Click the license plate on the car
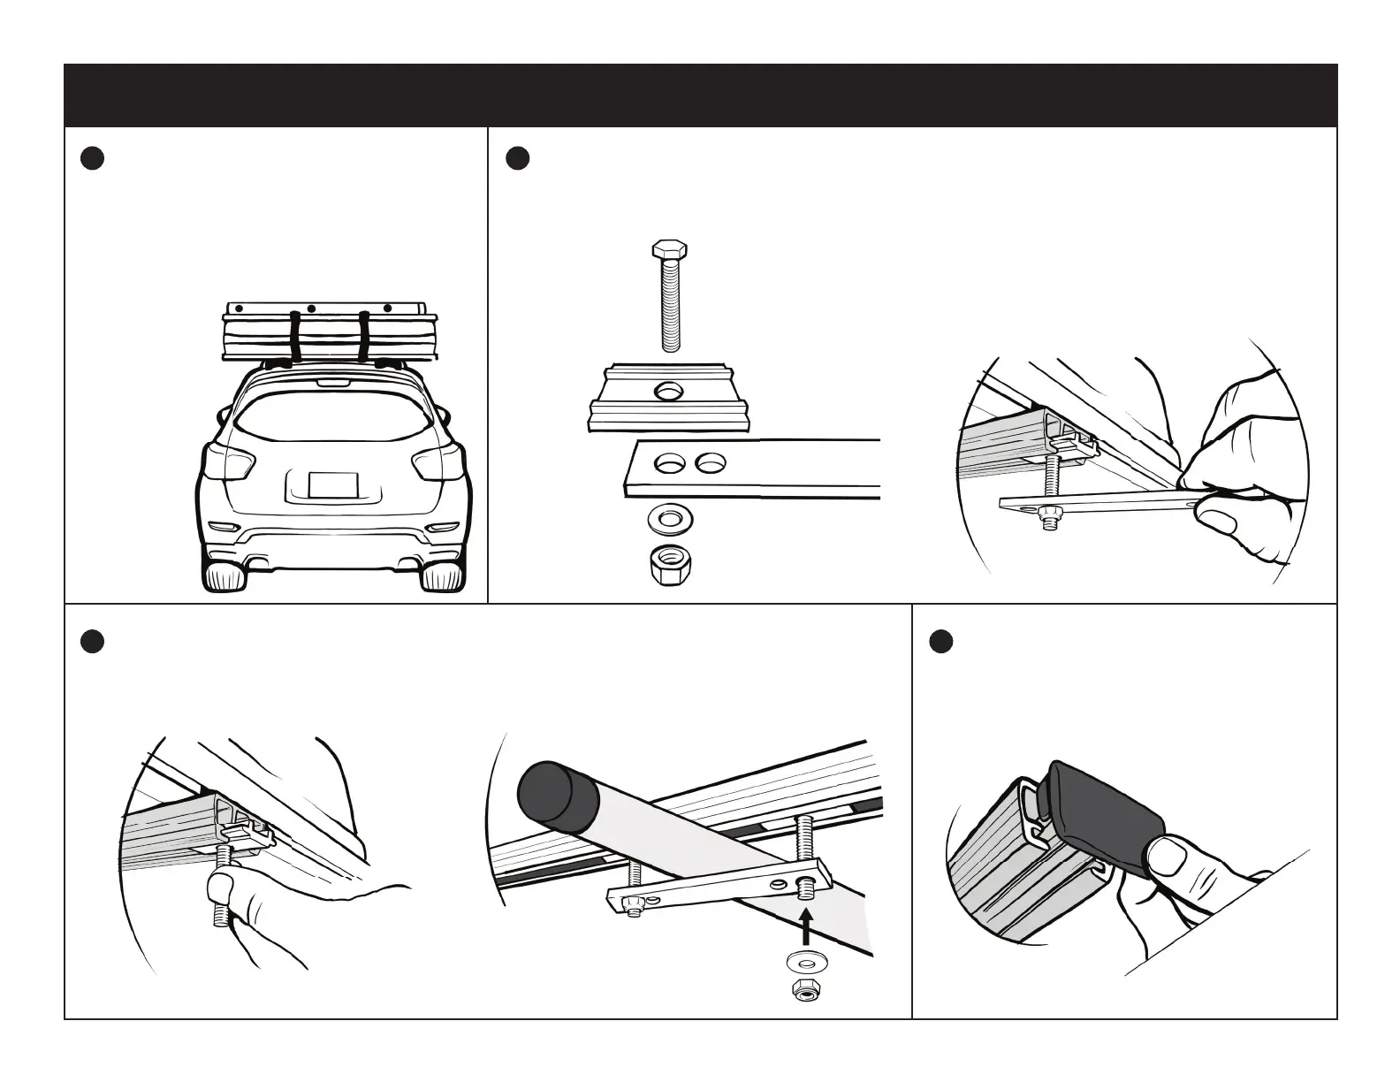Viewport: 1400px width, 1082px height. [333, 485]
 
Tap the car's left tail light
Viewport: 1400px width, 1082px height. [231, 463]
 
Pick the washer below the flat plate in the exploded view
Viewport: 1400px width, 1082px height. [670, 517]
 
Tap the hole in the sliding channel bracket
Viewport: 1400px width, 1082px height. [669, 391]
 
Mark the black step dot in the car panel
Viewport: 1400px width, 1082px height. [92, 158]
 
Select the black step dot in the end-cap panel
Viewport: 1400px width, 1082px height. [941, 642]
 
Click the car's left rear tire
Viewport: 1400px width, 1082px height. [224, 576]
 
